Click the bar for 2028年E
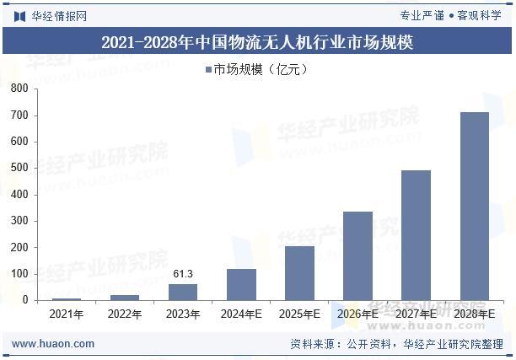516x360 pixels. [x=474, y=206]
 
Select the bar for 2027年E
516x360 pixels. [x=416, y=235]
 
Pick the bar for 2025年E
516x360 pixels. [x=299, y=273]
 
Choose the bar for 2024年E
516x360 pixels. [x=241, y=284]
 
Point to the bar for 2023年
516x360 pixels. [x=183, y=292]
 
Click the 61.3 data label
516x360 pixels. [x=183, y=274]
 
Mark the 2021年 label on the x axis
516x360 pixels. [x=67, y=314]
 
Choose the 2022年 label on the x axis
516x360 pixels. [x=125, y=314]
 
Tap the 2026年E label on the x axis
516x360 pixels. [x=357, y=314]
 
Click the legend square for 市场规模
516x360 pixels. [x=208, y=70]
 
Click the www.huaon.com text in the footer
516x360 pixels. [x=54, y=344]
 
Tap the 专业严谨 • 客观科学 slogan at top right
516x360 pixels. [x=450, y=15]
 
